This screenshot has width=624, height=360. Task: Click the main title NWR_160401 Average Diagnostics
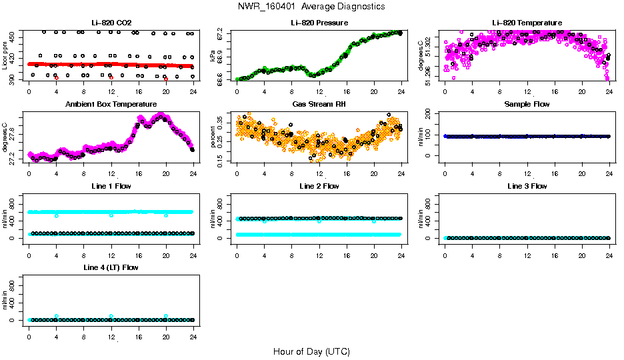[x=311, y=7]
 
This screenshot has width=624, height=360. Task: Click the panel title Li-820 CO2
[x=111, y=23]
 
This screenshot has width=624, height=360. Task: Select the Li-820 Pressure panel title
[x=319, y=23]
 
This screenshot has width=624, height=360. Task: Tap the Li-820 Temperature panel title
[x=527, y=23]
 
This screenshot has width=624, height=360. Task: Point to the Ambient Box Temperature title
[x=111, y=105]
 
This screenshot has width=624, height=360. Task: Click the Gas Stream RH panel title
[x=319, y=105]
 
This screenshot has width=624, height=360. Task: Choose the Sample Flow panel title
[x=527, y=105]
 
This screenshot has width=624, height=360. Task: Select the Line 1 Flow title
[x=111, y=186]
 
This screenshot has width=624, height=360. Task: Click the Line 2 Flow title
[x=319, y=186]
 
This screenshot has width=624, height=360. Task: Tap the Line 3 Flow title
[x=527, y=186]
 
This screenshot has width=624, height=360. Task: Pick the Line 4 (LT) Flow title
[x=111, y=267]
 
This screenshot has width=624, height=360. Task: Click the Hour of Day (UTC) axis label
[x=311, y=351]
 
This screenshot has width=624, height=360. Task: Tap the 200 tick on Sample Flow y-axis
[x=429, y=114]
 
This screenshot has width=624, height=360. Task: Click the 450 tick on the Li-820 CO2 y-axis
[x=13, y=35]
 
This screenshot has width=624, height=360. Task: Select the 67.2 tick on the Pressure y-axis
[x=221, y=33]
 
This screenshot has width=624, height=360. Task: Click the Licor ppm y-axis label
[x=5, y=56]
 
